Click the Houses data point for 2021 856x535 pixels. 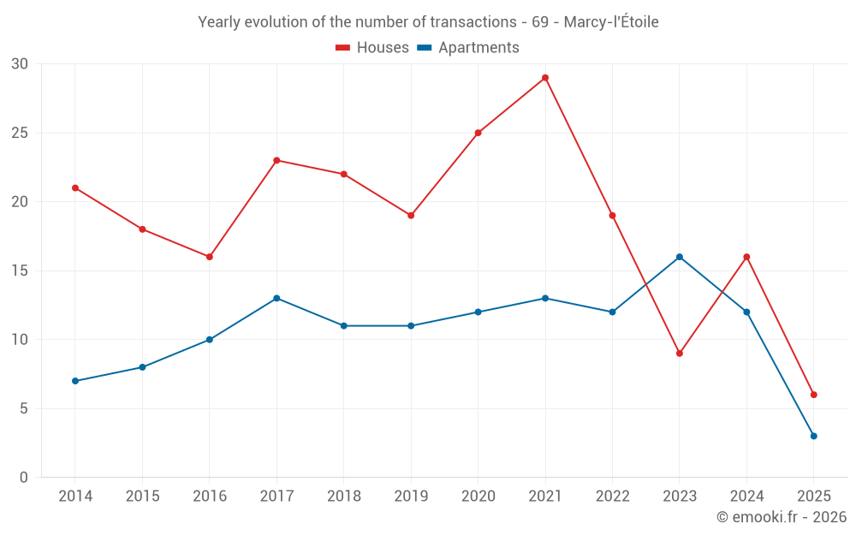point(545,78)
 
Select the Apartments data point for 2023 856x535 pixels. point(680,257)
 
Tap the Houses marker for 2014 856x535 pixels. point(75,188)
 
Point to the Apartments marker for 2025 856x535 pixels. point(814,436)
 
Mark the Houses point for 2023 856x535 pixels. point(680,354)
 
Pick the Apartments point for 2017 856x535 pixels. point(276,298)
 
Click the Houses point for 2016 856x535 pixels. point(210,257)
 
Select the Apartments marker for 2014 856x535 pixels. point(75,381)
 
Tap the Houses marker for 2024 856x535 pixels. point(746,257)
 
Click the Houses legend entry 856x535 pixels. point(372,48)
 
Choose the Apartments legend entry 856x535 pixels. point(468,48)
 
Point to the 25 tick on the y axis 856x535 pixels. point(20,133)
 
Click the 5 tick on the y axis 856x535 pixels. point(24,408)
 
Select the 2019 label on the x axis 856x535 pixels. point(411,496)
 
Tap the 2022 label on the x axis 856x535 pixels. point(612,496)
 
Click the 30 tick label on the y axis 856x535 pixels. point(20,64)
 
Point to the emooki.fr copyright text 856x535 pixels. point(782,517)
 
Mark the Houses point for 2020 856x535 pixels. point(478,133)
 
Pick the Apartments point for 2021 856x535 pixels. point(545,298)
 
